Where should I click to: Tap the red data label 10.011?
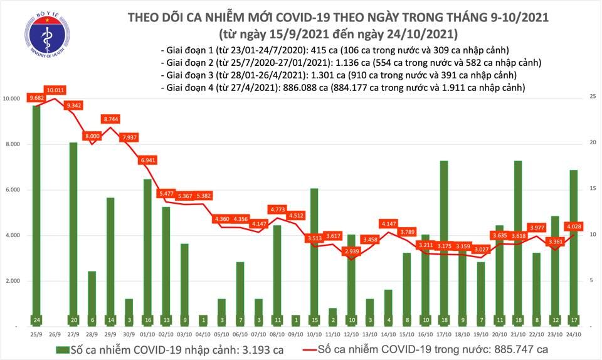pos(55,90)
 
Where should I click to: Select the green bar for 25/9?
pos(38,213)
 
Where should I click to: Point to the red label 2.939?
pos(351,251)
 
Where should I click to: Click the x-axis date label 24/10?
pos(573,334)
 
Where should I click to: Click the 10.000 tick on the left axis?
pos(13,99)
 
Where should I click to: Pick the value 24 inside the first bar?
pos(38,319)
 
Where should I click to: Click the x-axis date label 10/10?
pos(314,334)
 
